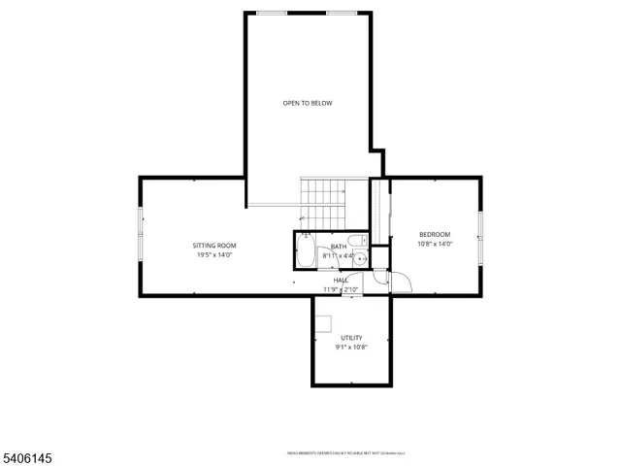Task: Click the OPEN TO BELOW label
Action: [308, 103]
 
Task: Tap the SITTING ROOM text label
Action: [213, 246]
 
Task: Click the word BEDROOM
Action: [434, 234]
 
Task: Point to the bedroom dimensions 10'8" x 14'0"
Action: [434, 244]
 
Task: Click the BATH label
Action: [338, 247]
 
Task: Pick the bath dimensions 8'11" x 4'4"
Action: [338, 256]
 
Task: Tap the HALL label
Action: [341, 280]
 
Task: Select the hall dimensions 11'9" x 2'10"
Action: [341, 289]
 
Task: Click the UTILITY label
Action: [350, 338]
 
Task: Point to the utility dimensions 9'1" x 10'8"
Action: [350, 348]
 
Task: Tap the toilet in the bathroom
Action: [357, 242]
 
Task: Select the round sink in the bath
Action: [359, 259]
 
